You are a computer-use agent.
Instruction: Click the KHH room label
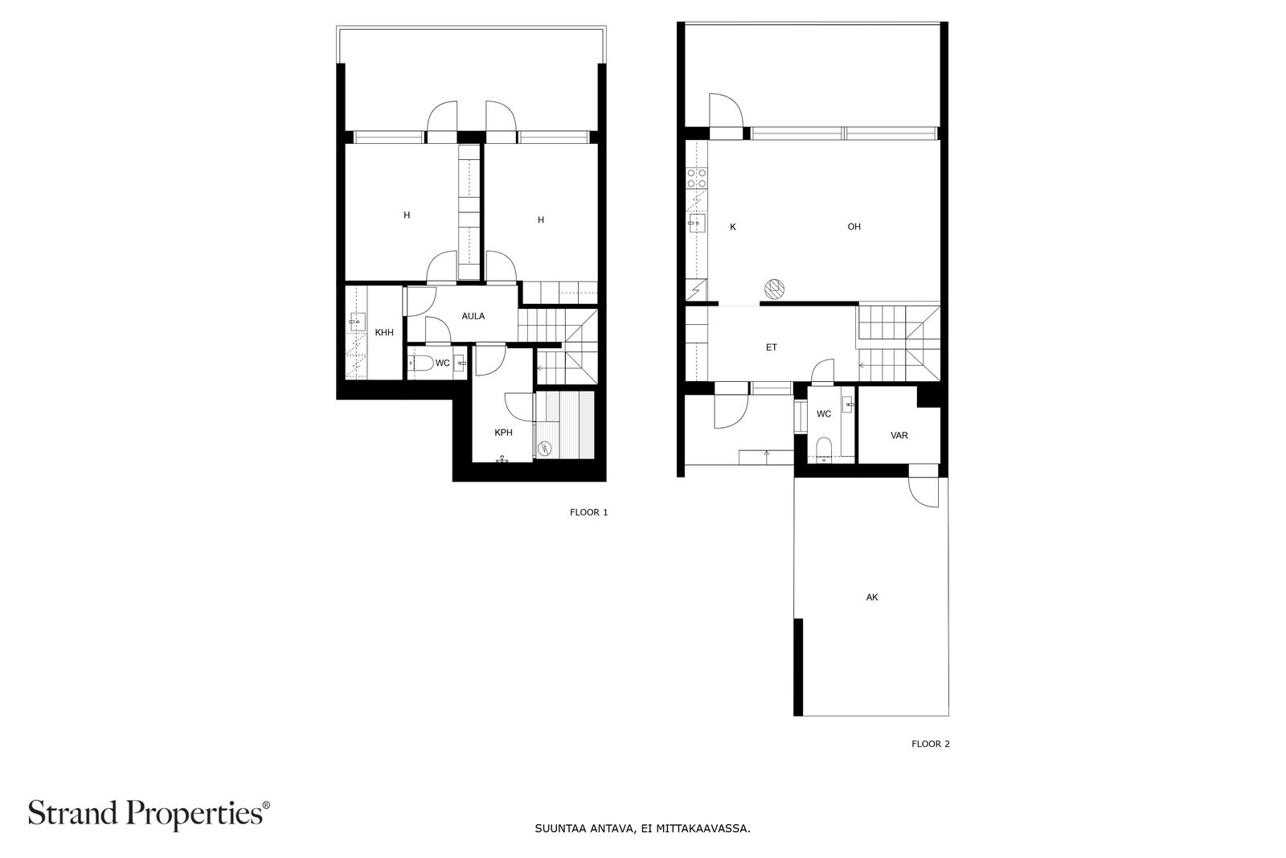click(384, 333)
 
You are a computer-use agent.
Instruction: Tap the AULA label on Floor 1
click(473, 316)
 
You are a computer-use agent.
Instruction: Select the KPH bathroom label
click(503, 433)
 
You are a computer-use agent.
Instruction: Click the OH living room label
click(854, 227)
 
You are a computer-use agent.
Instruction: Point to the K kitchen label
click(732, 228)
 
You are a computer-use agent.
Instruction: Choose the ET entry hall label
click(772, 347)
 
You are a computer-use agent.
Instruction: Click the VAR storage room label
click(899, 435)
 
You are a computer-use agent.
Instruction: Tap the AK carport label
click(872, 597)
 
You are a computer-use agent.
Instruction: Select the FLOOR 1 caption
click(588, 512)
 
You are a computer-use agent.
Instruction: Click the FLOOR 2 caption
click(931, 744)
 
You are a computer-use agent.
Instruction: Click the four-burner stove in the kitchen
click(696, 178)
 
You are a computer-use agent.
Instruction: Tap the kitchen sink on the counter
click(696, 223)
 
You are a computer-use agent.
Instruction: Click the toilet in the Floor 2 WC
click(823, 448)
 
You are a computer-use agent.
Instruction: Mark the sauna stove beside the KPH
click(543, 448)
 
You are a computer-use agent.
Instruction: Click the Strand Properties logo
click(149, 814)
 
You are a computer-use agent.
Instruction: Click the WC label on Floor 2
click(824, 414)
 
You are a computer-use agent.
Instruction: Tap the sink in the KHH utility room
click(358, 322)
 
